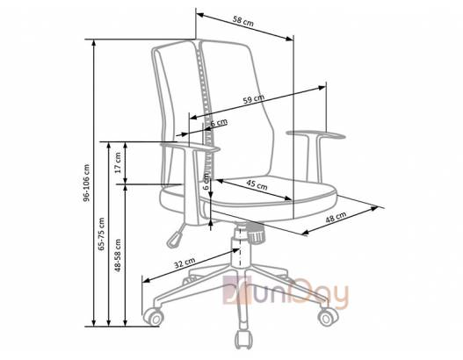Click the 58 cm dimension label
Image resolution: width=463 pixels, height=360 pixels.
tap(243, 22)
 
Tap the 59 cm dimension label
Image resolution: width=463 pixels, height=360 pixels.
tap(254, 98)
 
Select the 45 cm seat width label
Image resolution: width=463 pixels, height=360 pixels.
tap(257, 185)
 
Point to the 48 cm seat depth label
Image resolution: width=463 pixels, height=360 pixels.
tap(336, 218)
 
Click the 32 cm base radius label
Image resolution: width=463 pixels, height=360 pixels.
tap(184, 263)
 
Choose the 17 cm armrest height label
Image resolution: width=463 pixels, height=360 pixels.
tap(118, 162)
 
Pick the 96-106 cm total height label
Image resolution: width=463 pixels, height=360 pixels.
tap(86, 183)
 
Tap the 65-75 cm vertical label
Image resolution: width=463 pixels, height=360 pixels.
tap(102, 234)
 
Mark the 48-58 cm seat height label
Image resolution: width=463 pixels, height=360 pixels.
tap(118, 256)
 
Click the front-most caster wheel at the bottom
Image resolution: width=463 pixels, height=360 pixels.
tap(244, 340)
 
